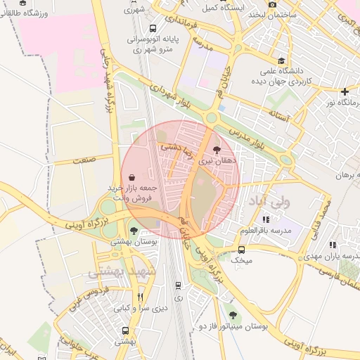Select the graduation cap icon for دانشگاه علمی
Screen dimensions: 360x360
[x=282, y=60]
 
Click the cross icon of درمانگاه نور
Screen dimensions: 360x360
[x=345, y=91]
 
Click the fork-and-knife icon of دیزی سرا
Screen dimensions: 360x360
[x=140, y=296]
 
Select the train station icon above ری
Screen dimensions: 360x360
[x=178, y=285]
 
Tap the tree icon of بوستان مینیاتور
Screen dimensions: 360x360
[x=232, y=315]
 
